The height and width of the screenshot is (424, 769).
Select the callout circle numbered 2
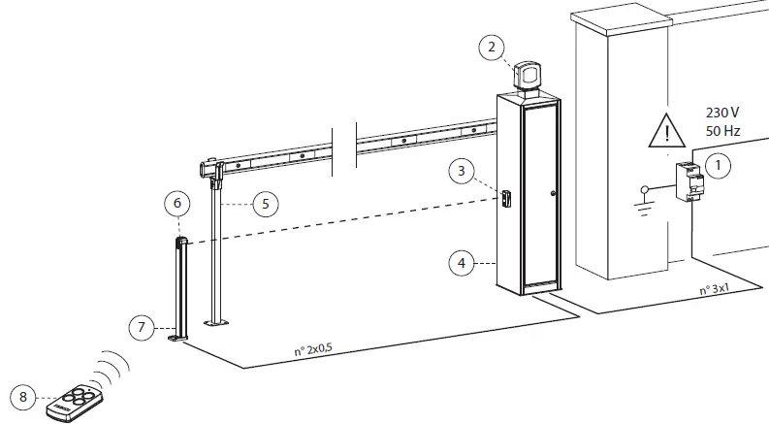[493, 46]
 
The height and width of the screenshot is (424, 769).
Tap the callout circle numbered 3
[462, 171]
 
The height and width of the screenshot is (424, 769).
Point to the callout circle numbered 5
[264, 204]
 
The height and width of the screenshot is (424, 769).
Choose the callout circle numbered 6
[176, 204]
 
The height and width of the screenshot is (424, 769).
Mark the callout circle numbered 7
[142, 327]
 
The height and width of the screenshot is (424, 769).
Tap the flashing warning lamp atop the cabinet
[529, 75]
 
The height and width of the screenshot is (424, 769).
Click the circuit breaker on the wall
[689, 181]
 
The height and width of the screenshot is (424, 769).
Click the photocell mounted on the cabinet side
[504, 197]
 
